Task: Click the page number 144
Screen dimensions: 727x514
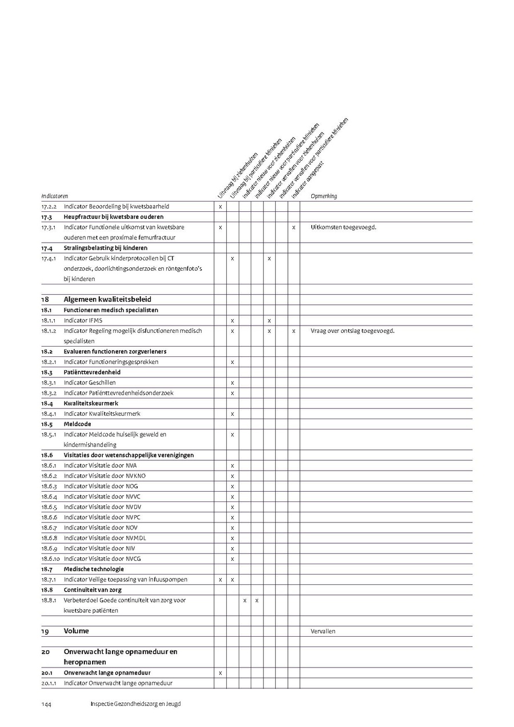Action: [x=46, y=704]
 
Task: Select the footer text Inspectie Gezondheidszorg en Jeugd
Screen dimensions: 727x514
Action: [x=135, y=704]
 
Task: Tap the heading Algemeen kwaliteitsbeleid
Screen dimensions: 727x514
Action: [x=107, y=299]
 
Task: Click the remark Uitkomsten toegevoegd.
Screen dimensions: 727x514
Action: [x=343, y=227]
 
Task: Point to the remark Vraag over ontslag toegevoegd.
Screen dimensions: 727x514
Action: [x=352, y=331]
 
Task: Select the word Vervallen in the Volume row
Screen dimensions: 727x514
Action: [x=323, y=631]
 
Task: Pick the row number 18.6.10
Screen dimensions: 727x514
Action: [x=50, y=559]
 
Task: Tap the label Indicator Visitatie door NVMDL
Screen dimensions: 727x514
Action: [x=105, y=538]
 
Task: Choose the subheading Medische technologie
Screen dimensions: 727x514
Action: [x=94, y=569]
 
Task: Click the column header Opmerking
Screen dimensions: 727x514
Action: [x=324, y=196]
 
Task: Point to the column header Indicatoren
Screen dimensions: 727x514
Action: [x=54, y=196]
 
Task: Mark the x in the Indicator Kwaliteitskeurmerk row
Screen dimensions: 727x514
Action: [x=232, y=413]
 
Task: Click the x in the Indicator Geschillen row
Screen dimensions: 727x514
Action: [x=232, y=383]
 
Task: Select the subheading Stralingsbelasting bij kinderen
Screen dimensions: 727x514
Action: [x=106, y=248]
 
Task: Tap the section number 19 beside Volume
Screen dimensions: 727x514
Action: [x=45, y=631]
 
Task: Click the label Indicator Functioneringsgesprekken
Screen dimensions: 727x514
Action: [x=111, y=362]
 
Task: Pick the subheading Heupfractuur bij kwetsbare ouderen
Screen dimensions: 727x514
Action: [x=114, y=217]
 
